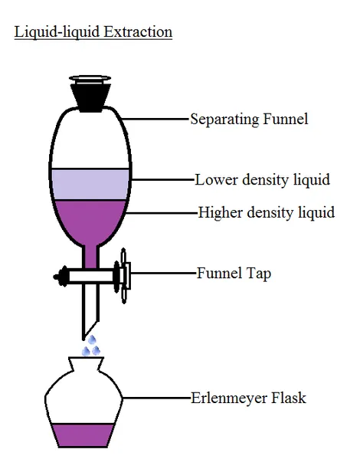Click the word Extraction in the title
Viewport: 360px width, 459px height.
click(x=138, y=31)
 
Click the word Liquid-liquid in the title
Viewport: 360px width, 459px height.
click(x=57, y=32)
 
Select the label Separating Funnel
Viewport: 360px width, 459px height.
click(x=249, y=120)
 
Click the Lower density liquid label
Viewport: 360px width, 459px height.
click(x=262, y=180)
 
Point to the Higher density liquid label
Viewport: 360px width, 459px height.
click(x=267, y=212)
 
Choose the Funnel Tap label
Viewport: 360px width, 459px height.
click(x=234, y=274)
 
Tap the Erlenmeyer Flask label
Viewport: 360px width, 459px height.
click(x=248, y=398)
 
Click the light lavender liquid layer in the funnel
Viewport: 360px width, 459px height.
click(x=90, y=185)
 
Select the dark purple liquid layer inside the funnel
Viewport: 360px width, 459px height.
click(x=90, y=220)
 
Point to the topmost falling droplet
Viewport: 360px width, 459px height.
click(x=92, y=339)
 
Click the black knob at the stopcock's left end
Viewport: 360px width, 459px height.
click(x=61, y=277)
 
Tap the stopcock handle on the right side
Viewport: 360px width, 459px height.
click(x=124, y=276)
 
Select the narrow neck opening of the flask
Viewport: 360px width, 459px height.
click(x=86, y=358)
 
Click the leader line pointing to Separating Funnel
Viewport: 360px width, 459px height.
click(x=155, y=119)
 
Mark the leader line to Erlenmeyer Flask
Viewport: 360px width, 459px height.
click(x=156, y=398)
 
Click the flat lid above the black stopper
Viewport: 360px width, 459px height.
click(x=90, y=78)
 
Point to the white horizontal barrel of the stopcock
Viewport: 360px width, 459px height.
click(x=91, y=277)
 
